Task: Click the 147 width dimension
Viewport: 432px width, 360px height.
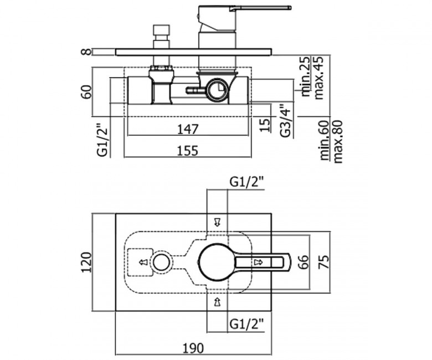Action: (187, 129)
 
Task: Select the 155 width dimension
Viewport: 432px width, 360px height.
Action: (187, 151)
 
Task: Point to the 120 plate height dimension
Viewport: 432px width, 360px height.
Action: (86, 262)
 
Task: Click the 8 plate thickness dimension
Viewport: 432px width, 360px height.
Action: (88, 52)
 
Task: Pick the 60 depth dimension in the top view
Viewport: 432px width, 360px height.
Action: (86, 92)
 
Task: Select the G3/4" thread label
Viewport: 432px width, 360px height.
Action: (286, 120)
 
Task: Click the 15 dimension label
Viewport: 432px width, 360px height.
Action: (265, 125)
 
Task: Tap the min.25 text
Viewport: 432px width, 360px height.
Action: (306, 76)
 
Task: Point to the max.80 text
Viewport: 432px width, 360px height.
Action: (338, 142)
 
